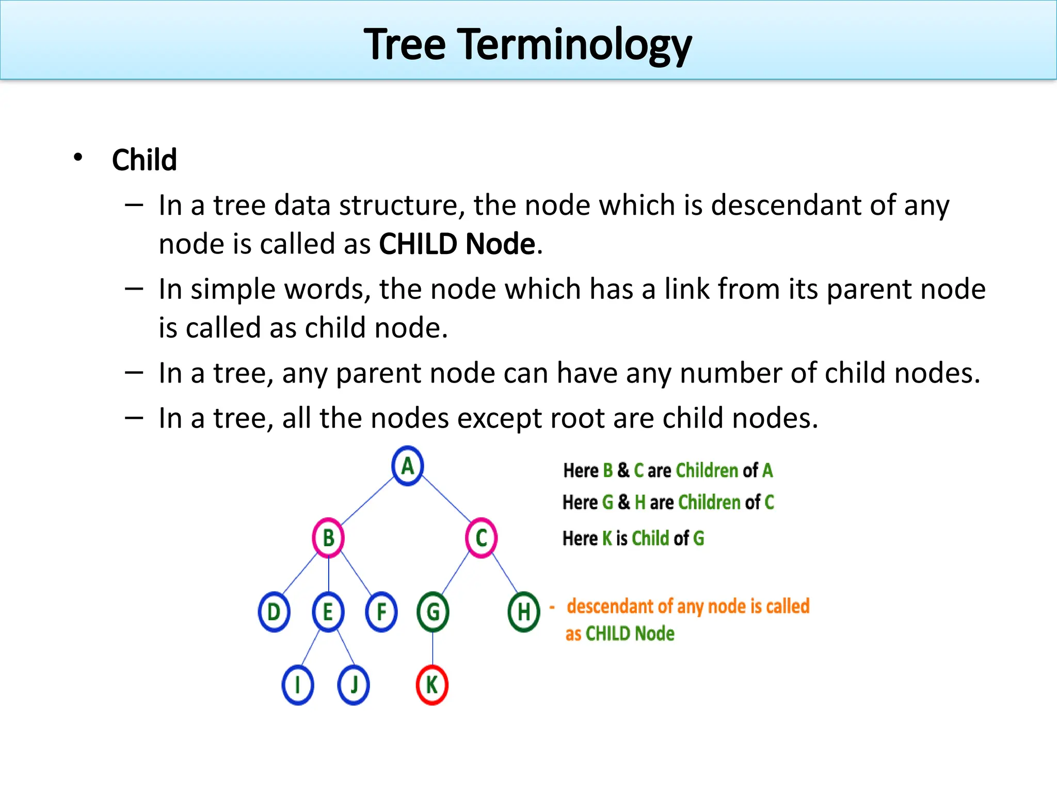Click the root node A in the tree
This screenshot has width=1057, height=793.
coord(407,466)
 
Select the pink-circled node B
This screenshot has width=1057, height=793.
coord(328,537)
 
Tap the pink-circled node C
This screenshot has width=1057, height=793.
coord(481,537)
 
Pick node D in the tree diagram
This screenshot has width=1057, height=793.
coord(274,612)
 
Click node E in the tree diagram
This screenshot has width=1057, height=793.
coord(328,612)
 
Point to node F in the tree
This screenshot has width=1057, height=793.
coord(381,612)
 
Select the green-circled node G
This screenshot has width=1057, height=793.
coord(433,612)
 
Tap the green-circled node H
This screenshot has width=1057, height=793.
coord(524,612)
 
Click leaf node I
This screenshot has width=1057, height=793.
coord(298,685)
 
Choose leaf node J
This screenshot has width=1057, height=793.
coord(354,685)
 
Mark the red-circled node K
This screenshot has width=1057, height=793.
coord(432,685)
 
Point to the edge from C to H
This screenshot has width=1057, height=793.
coord(505,573)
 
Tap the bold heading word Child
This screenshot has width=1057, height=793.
coord(145,160)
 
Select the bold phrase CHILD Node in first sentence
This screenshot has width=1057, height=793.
coord(457,244)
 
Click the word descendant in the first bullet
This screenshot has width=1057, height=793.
coord(786,205)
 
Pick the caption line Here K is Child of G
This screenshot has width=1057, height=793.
coord(633,538)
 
